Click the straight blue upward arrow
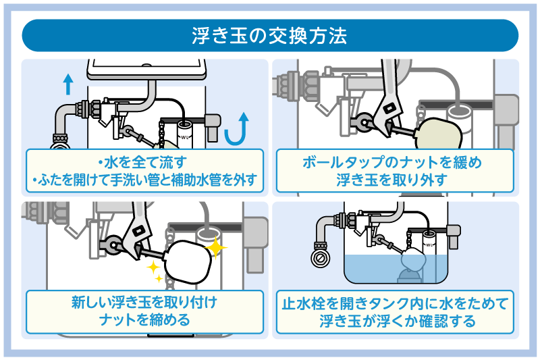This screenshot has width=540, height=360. [x=67, y=84]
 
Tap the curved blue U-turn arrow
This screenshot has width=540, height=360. [x=234, y=128]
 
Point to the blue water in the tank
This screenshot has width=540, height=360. [x=364, y=270]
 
